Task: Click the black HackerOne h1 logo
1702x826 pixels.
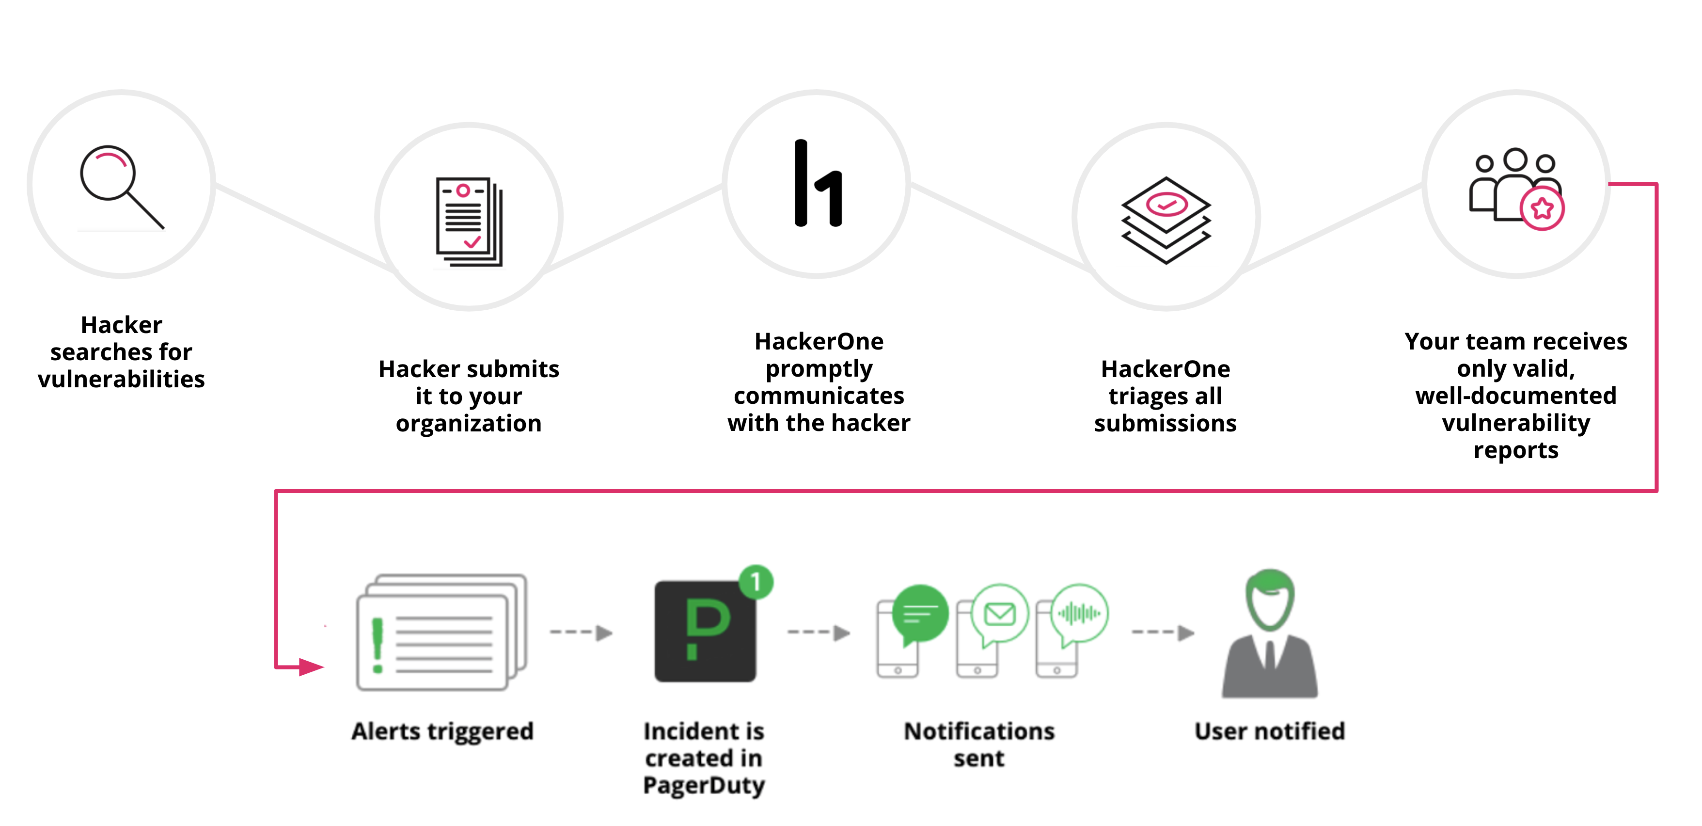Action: (x=818, y=184)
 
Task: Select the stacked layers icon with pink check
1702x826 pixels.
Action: (x=1166, y=220)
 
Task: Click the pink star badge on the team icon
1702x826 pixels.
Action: (x=1542, y=209)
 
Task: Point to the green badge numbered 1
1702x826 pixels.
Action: (x=756, y=582)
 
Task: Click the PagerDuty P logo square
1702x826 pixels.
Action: (x=705, y=631)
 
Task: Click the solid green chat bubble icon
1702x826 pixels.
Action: (x=920, y=615)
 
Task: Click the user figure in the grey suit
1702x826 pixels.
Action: (x=1269, y=635)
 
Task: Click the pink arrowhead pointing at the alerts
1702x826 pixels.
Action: (x=311, y=667)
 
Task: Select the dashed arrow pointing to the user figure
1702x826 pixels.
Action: (x=1163, y=633)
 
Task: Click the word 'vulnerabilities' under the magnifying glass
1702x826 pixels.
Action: (x=122, y=379)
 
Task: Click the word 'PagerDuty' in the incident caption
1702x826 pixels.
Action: (x=704, y=785)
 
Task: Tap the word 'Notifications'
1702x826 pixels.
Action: (x=979, y=731)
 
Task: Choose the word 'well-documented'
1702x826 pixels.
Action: (x=1516, y=396)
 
